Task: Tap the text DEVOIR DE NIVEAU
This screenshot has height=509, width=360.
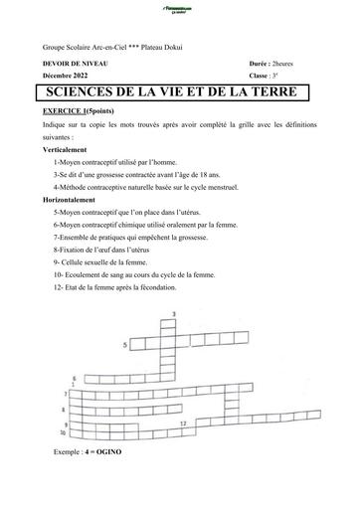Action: coord(76,63)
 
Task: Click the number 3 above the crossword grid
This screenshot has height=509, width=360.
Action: coord(174,315)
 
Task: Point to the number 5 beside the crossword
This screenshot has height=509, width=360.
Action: coord(125,345)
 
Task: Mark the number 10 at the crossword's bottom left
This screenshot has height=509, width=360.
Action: coord(64,433)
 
